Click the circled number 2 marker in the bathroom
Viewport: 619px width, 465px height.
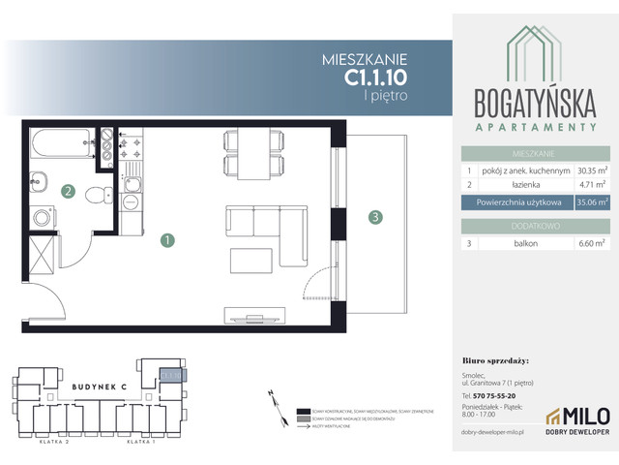68,191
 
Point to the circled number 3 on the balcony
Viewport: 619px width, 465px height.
374,217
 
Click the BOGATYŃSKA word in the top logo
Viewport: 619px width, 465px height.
536,101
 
